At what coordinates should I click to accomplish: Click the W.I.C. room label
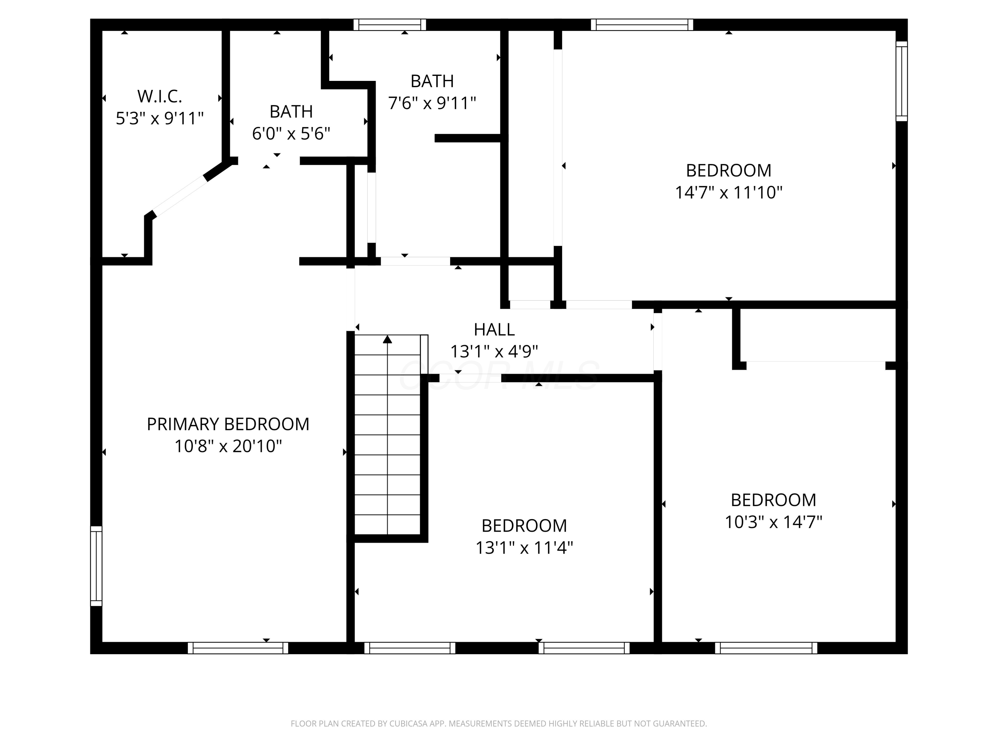159,96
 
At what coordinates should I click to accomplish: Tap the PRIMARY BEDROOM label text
228,424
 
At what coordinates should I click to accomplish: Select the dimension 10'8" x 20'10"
228,446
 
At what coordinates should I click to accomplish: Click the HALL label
494,330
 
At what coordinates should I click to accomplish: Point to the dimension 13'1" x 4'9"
494,351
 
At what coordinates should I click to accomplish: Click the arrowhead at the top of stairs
387,340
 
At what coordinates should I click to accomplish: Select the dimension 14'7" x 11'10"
728,192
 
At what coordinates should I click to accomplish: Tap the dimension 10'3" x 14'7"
773,522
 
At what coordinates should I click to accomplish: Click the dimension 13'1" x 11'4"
524,548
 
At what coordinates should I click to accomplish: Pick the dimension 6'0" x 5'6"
291,133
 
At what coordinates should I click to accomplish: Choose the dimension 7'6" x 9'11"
432,103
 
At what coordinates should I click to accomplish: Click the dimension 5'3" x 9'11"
159,118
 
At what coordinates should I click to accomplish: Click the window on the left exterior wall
96,566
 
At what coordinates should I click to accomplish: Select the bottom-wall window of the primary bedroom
238,648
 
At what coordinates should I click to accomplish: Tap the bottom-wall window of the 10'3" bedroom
766,648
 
